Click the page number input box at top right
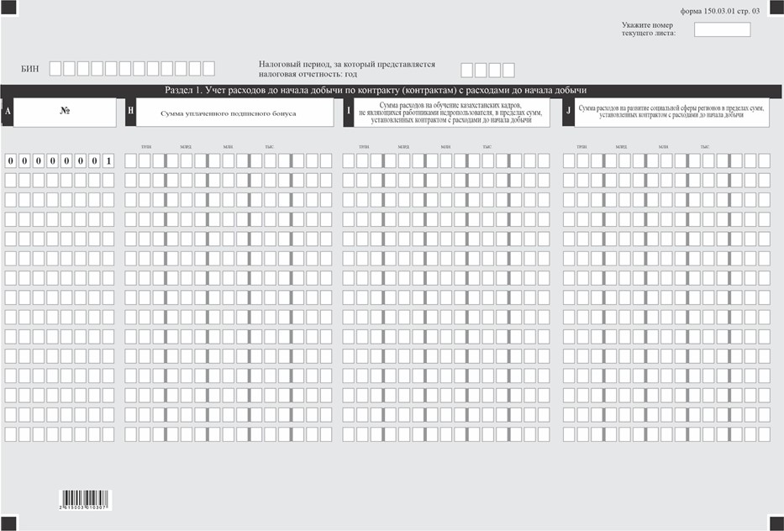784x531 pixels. coord(722,29)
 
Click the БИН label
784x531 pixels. coord(29,69)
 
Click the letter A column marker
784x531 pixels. coord(7,112)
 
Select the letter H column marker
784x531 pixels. coord(130,112)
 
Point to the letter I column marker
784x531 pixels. coord(348,112)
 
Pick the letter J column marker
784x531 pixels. coord(569,112)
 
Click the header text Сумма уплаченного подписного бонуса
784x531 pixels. coord(228,113)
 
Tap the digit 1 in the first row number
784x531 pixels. coord(108,160)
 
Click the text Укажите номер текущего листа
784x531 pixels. coord(648,29)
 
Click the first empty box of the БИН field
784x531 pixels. coord(55,69)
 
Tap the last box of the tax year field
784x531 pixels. coord(508,70)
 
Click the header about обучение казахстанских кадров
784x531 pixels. coord(450,113)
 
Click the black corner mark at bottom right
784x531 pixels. coord(776,523)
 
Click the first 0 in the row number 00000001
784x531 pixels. coord(10,160)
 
